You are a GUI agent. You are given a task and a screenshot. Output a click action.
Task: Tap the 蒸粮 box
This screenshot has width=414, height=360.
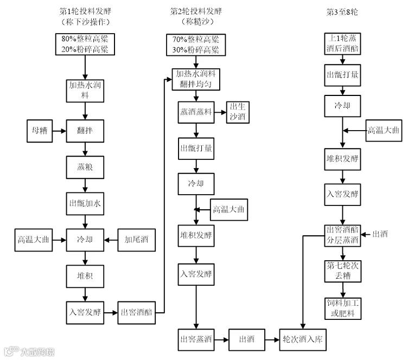pos(85,167)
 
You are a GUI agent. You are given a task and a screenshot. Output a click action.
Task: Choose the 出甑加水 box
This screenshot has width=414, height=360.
pos(85,204)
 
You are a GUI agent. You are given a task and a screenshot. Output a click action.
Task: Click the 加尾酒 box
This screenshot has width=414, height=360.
pos(136,239)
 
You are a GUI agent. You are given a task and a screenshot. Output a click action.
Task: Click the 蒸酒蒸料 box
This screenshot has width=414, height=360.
pos(195,113)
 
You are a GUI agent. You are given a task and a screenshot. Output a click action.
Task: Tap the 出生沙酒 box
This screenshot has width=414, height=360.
pos(238,113)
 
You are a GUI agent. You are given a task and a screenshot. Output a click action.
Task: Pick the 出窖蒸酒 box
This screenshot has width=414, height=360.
pos(195,340)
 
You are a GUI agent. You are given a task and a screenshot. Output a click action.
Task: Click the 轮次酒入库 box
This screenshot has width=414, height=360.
pos(303,340)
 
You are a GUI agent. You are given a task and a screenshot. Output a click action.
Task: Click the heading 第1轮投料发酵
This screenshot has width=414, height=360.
pos(85,11)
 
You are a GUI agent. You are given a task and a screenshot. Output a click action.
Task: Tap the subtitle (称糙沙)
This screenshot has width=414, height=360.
pos(195,22)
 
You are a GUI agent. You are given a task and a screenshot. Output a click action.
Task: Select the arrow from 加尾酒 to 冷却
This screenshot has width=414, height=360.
pos(111,239)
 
